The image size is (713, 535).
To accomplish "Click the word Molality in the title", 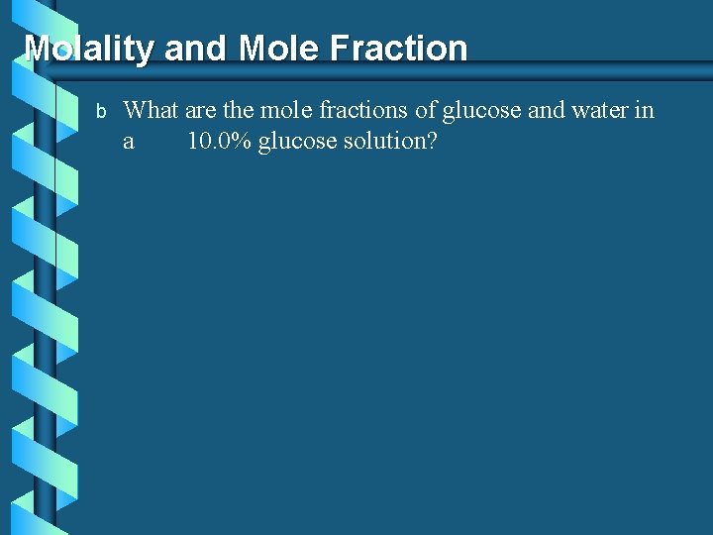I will (x=89, y=49).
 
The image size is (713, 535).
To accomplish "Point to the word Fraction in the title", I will (x=400, y=49).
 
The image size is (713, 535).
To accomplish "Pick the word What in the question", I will (x=150, y=110).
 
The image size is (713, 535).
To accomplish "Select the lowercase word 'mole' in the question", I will (x=286, y=110).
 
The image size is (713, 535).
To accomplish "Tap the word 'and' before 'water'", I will (x=546, y=110).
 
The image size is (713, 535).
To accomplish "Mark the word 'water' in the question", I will (x=599, y=110).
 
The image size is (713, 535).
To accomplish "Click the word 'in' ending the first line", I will (x=645, y=110).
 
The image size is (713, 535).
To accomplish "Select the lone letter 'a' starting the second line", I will (x=129, y=142).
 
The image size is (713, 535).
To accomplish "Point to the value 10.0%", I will (x=219, y=141).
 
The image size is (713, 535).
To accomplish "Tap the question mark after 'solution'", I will (x=432, y=141).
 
